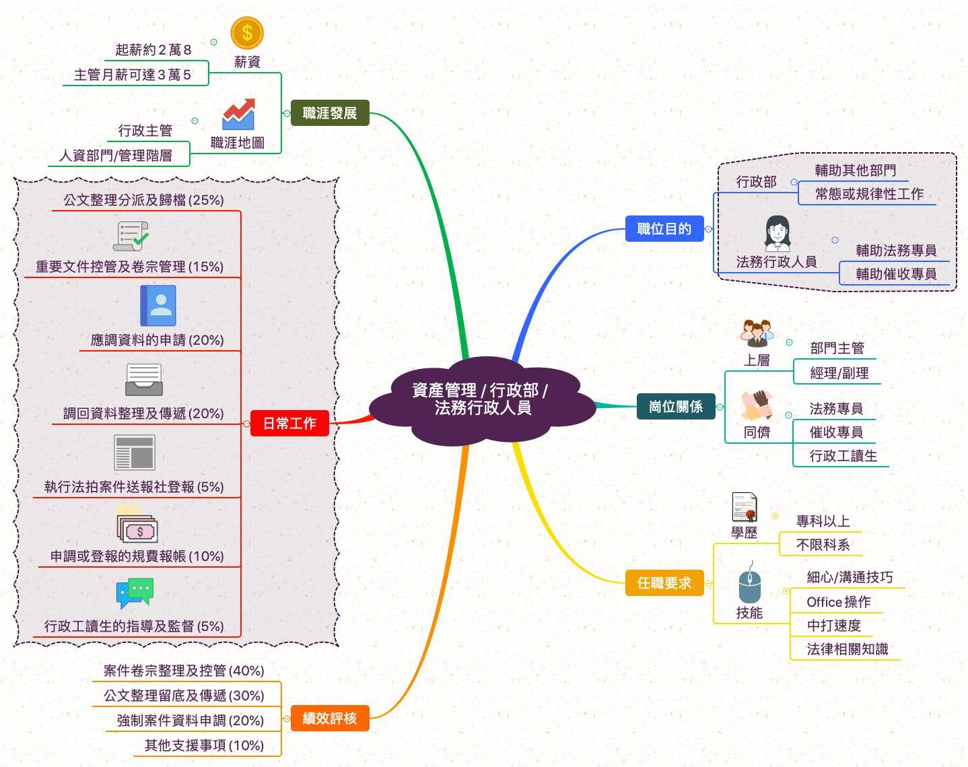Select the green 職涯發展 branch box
[329, 112]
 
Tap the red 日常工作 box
[289, 424]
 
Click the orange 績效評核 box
[329, 718]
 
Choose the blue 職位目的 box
[664, 229]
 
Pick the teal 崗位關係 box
[675, 406]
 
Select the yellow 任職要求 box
[664, 582]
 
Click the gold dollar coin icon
[247, 32]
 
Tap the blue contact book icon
[158, 306]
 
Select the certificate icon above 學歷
[745, 507]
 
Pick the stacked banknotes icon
[137, 526]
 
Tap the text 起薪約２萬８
[153, 50]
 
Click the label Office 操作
[838, 602]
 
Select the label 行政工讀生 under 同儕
[843, 456]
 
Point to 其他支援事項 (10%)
[204, 745]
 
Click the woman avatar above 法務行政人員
[777, 233]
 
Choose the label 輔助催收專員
[896, 274]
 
